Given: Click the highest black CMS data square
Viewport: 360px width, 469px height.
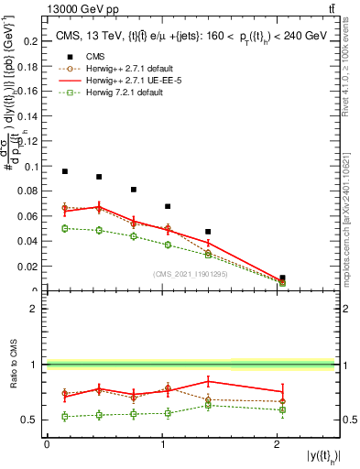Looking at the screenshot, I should click(x=65, y=171).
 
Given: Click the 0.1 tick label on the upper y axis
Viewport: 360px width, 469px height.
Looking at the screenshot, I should click(x=33, y=167).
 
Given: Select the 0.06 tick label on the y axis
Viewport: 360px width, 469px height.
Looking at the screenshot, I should click(x=30, y=217).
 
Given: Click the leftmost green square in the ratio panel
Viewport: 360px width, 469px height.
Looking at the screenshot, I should click(x=65, y=416).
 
